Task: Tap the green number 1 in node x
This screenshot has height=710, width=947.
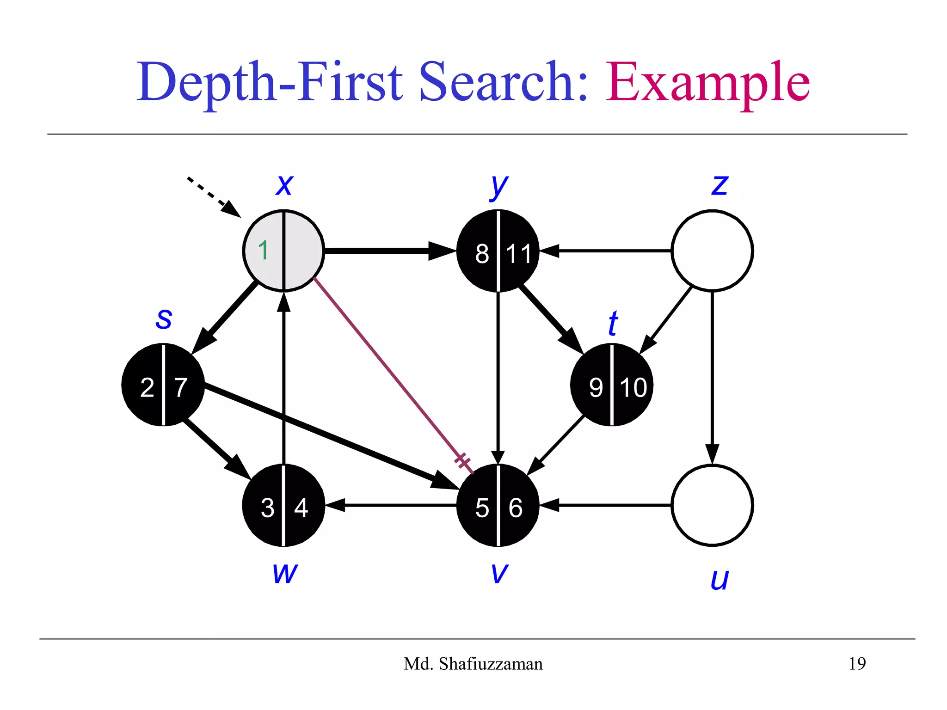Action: point(263,251)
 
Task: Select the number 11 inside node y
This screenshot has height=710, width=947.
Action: point(518,254)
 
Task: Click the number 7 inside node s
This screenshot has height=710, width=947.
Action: point(181,387)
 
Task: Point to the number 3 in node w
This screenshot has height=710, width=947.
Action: point(267,508)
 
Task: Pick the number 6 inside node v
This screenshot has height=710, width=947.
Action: point(515,508)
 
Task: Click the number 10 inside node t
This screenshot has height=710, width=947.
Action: point(633,387)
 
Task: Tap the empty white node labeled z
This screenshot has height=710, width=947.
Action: point(712,251)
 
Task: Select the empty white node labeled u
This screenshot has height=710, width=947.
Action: point(712,505)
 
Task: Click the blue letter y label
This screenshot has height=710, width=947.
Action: point(498,186)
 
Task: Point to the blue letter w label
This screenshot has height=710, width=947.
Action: point(285,573)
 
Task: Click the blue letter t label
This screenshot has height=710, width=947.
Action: point(613,323)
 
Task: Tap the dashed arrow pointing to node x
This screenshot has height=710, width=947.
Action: point(213,196)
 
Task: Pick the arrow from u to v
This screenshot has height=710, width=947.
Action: point(606,505)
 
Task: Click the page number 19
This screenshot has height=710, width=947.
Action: point(857,664)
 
